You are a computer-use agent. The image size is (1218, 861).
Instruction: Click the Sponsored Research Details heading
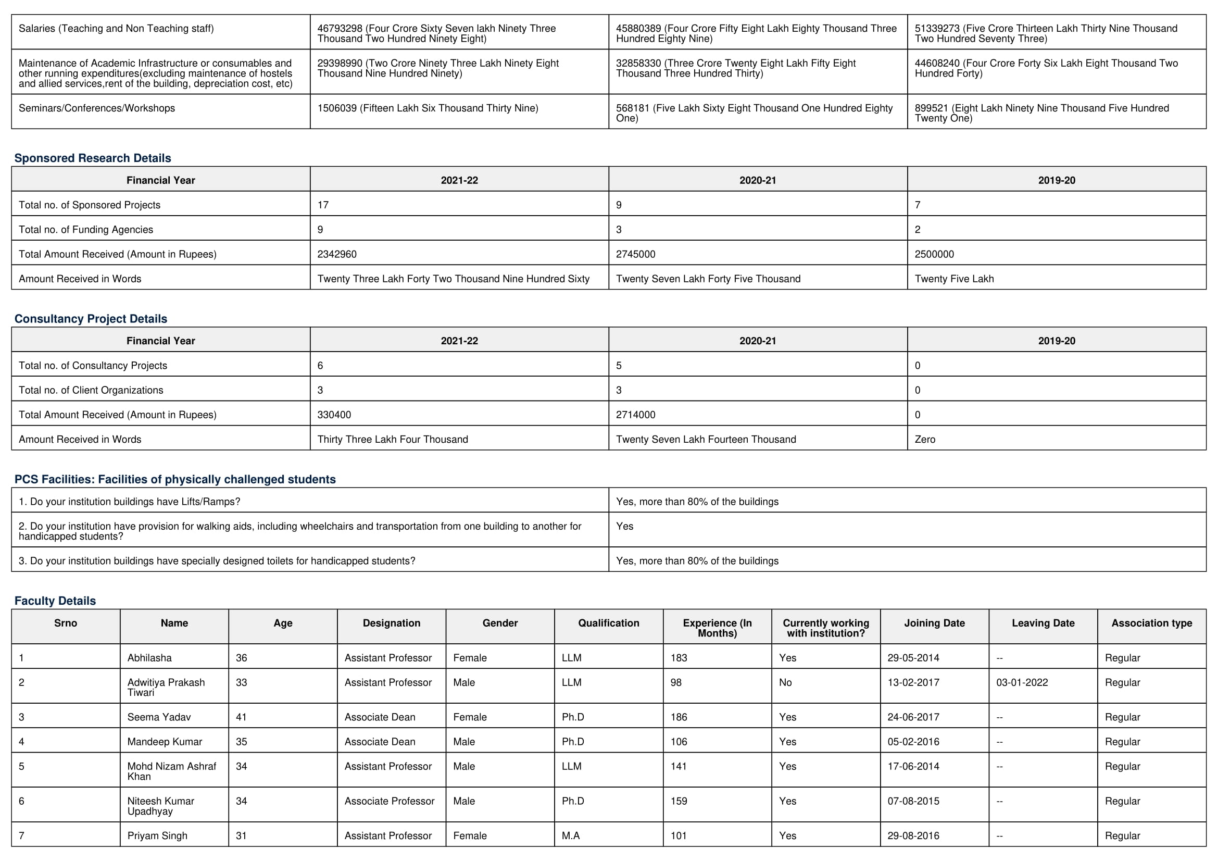[x=92, y=158]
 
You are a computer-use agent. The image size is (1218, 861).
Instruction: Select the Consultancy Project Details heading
[x=91, y=319]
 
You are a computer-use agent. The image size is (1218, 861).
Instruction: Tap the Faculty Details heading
[x=55, y=601]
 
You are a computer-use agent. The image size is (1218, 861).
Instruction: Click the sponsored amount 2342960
[x=337, y=254]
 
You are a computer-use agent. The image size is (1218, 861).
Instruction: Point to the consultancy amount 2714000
[x=635, y=415]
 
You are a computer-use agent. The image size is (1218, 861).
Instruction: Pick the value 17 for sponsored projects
[x=323, y=205]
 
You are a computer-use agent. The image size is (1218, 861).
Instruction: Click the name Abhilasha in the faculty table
[x=149, y=658]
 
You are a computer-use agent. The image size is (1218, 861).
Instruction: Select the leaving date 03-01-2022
[x=1022, y=683]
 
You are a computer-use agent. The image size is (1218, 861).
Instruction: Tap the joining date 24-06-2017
[x=913, y=717]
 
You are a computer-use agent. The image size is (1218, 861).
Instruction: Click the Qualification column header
[x=608, y=623]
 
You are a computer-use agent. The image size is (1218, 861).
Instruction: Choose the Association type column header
[x=1152, y=623]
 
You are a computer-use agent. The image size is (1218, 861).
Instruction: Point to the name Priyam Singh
[x=157, y=836]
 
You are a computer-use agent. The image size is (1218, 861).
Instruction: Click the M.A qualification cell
[x=571, y=836]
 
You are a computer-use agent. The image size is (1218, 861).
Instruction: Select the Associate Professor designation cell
[x=390, y=801]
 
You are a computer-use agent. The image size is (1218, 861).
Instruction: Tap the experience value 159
[x=679, y=801]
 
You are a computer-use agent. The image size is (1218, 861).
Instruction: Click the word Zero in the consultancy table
[x=925, y=439]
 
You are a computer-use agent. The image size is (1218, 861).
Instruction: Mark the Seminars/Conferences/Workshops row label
[x=96, y=108]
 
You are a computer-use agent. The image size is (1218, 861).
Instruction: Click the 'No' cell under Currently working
[x=785, y=683]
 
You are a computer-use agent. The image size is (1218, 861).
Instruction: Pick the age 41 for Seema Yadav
[x=242, y=717]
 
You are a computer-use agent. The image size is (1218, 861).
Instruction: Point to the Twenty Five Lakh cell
[x=954, y=279]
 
